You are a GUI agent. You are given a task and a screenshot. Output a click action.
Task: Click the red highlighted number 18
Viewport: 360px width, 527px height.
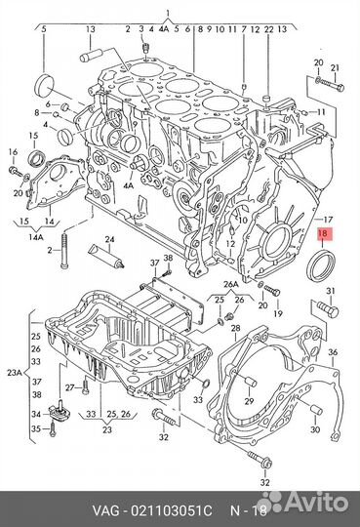coord(322,234)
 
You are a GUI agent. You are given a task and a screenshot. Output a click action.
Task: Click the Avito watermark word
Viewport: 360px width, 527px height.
coord(318,504)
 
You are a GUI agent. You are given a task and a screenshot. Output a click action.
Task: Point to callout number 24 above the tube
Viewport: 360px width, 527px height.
coord(109,240)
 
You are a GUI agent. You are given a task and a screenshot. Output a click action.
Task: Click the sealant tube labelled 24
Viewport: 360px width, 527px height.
coord(106,258)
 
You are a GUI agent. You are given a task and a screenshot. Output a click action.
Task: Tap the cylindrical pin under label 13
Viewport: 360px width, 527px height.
coord(91,56)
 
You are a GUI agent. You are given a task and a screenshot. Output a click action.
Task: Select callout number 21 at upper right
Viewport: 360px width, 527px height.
coord(336,67)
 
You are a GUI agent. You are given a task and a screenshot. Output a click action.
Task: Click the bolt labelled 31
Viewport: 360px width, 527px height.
coord(328,308)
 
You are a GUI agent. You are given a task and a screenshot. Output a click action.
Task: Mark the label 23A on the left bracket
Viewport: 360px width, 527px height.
coord(15,373)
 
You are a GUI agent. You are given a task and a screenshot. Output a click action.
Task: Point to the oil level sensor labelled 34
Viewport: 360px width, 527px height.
coord(59,411)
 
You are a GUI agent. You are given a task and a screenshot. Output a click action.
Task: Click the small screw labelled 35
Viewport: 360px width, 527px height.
coord(52,429)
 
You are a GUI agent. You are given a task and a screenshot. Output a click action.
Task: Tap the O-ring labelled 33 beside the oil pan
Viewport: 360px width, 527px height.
coord(207,384)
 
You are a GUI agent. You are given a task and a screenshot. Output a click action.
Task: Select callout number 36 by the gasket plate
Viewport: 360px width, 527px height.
coord(333,352)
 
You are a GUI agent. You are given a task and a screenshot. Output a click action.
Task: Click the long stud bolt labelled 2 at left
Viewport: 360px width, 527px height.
coord(64,250)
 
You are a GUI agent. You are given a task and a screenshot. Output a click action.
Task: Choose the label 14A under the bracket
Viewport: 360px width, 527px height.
coord(36,237)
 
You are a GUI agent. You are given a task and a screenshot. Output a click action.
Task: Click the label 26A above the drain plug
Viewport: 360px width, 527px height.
coord(230,285)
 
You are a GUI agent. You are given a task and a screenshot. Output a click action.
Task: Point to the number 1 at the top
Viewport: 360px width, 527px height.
coord(168,14)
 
